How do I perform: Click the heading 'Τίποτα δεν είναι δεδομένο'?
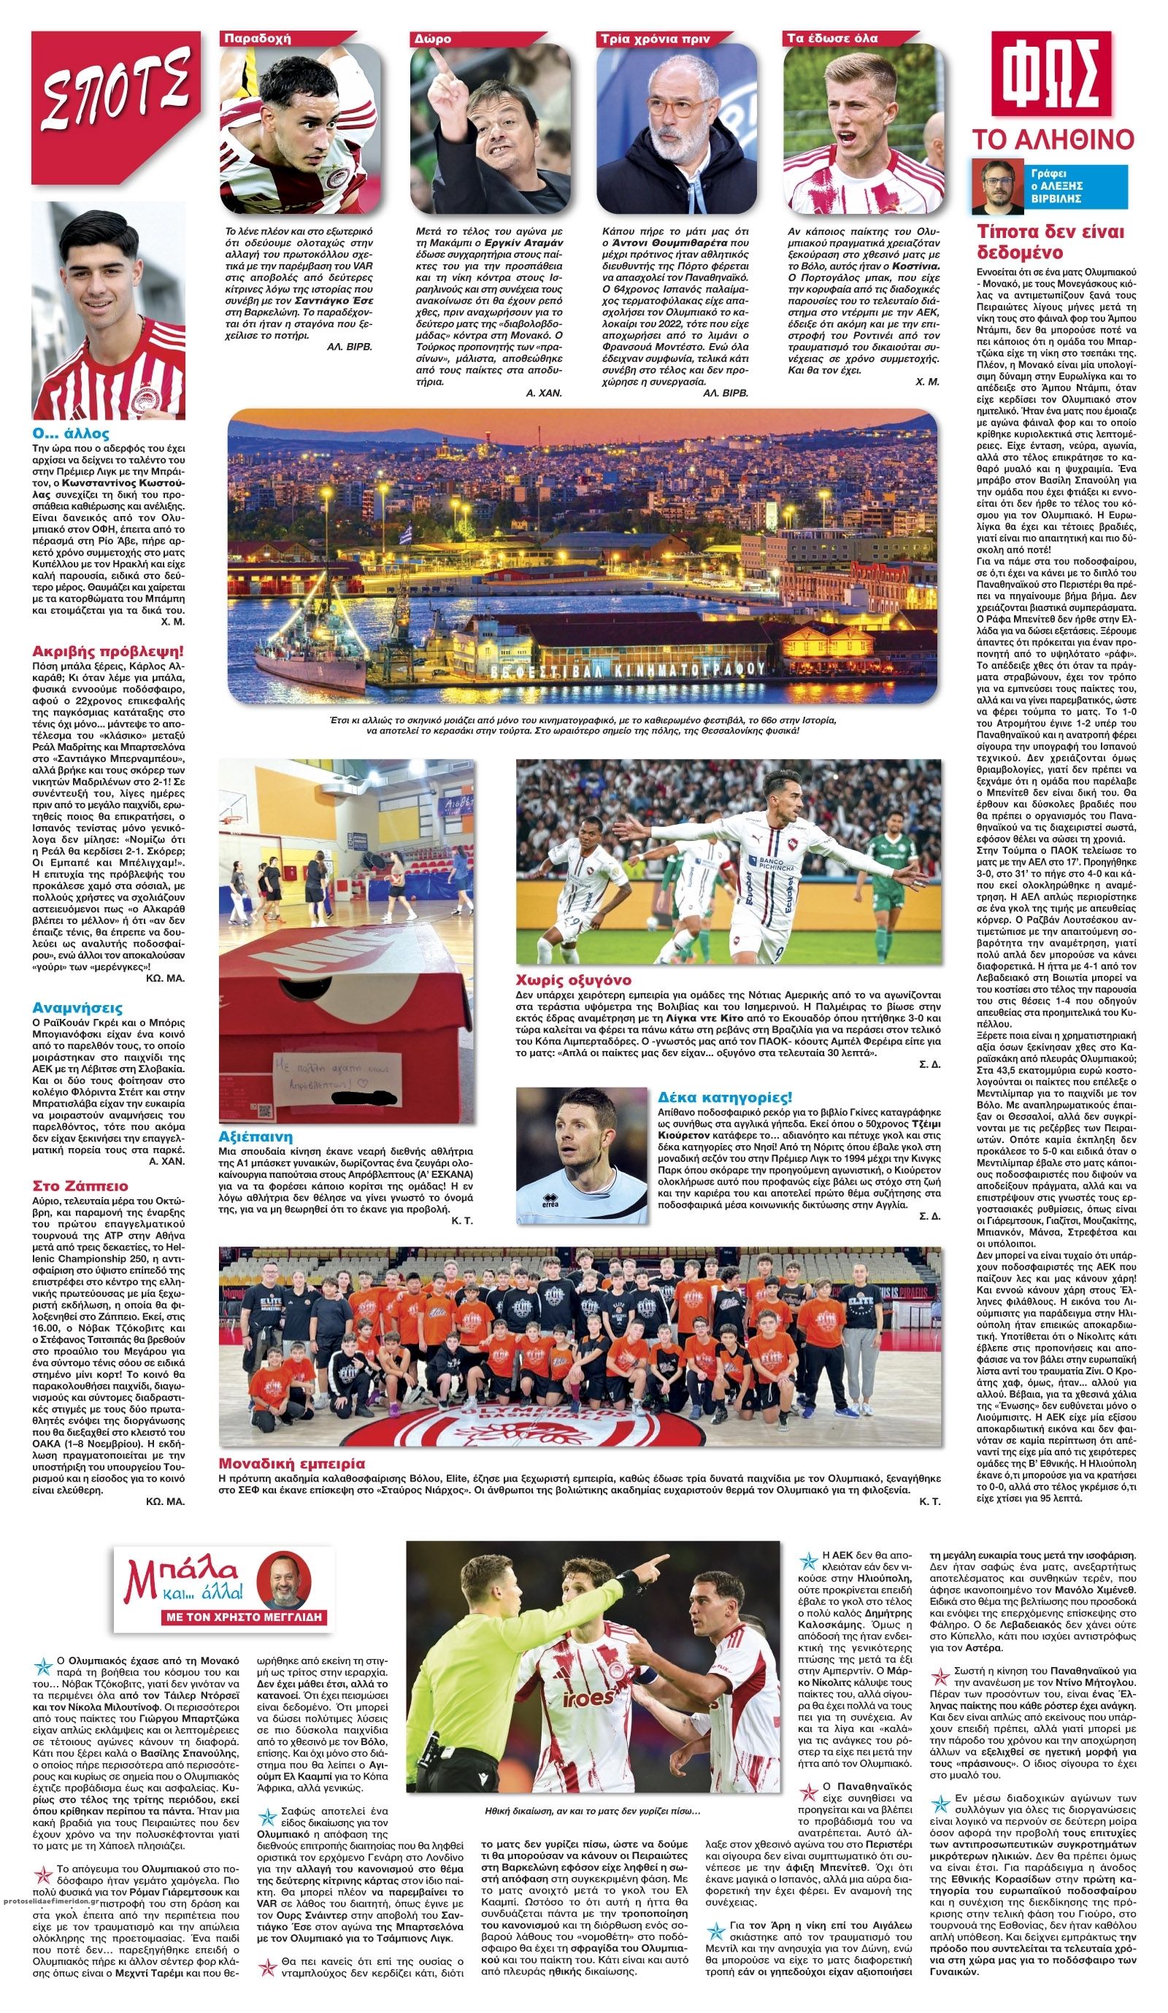(1050, 242)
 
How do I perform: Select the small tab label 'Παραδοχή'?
(257, 39)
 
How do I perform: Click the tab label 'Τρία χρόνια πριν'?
(654, 39)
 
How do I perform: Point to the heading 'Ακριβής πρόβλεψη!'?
(108, 650)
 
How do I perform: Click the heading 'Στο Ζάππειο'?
(80, 1185)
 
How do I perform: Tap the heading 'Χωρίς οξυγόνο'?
(573, 979)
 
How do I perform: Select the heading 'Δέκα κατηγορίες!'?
(725, 1097)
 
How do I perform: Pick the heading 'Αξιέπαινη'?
(255, 1136)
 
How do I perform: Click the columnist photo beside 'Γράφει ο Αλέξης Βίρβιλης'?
(997, 187)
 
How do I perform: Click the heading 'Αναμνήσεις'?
(77, 1008)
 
